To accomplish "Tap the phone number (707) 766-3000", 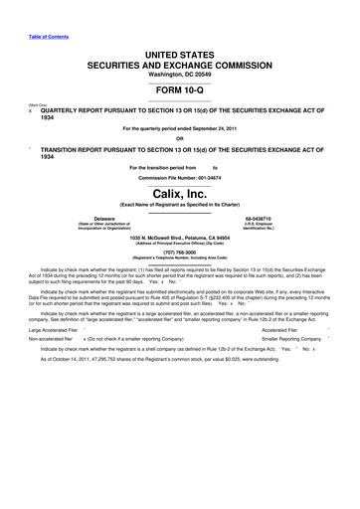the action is [179, 253].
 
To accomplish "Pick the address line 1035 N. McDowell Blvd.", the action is [149, 238].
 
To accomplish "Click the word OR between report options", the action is [179, 137].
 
